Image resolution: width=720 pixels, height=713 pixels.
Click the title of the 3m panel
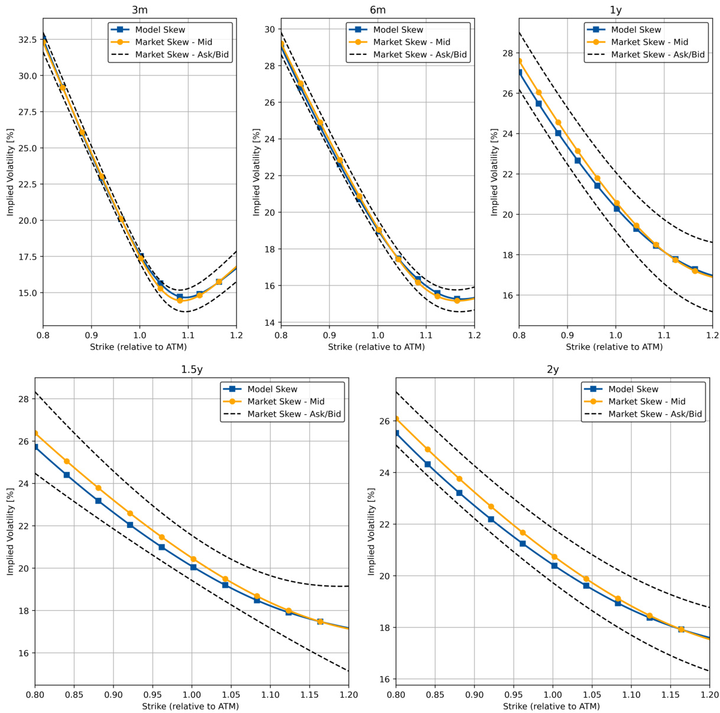(x=140, y=10)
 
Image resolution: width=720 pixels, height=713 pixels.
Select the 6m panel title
(x=377, y=10)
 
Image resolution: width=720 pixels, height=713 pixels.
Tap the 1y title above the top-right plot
(x=615, y=10)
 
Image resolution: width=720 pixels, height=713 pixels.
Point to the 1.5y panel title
(x=192, y=370)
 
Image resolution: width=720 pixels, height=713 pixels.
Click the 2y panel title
(x=552, y=370)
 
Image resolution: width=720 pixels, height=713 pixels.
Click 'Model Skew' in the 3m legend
(x=160, y=30)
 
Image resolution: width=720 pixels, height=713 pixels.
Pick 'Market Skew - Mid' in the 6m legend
(x=411, y=42)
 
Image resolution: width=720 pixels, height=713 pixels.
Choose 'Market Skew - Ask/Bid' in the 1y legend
(x=657, y=54)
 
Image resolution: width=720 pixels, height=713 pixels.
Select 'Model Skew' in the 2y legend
(x=633, y=389)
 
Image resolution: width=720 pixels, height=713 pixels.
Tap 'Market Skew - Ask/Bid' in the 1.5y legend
(x=294, y=414)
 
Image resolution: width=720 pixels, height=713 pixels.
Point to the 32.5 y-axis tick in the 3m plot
(x=27, y=40)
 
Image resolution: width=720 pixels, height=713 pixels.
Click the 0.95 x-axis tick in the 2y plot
(x=513, y=695)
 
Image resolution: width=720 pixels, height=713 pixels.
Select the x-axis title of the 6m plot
(x=377, y=347)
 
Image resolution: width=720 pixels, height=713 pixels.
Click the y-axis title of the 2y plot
(x=371, y=531)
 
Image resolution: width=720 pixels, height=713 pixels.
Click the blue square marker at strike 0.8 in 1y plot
(x=520, y=72)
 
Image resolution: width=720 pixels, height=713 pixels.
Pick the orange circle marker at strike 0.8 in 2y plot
(x=396, y=419)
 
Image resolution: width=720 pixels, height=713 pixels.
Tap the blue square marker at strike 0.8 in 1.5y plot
(x=35, y=447)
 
